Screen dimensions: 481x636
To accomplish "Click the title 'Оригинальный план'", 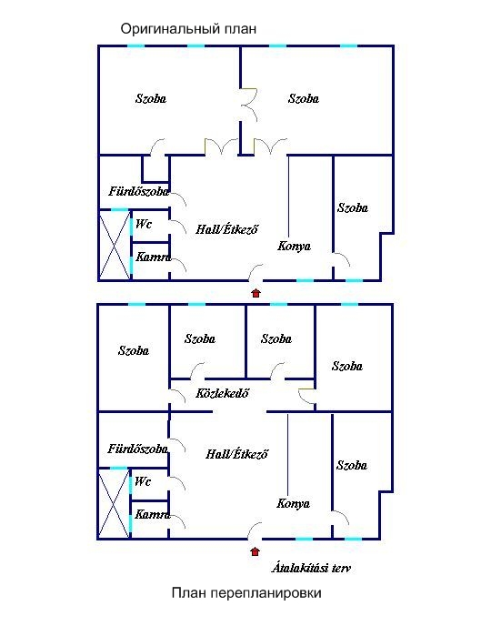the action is point(188,29).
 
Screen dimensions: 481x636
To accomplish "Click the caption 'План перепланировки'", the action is point(246,592).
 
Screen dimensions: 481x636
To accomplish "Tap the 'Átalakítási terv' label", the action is point(311,568).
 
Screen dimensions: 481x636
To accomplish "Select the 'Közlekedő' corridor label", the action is point(222,393).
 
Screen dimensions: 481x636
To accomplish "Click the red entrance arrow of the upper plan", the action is point(256,293).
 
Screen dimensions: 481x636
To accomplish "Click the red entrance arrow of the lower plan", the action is point(255,551).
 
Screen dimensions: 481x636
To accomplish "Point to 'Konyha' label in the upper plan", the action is point(294,246).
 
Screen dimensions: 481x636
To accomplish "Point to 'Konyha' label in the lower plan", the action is point(293,503).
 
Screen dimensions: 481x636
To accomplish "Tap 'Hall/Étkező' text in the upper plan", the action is point(226,229).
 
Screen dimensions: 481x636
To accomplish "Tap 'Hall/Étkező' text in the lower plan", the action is point(236,453).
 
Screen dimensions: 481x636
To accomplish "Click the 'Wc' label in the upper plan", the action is point(144,224).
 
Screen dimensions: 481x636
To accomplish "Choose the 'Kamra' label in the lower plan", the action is point(153,514).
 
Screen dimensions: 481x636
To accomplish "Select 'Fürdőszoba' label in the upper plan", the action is point(138,191).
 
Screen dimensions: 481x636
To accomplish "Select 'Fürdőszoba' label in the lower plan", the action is point(138,449).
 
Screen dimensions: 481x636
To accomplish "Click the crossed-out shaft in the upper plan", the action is point(115,245).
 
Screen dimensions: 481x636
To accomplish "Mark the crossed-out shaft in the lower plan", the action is point(115,503).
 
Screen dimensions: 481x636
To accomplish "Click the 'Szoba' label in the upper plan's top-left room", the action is point(151,98).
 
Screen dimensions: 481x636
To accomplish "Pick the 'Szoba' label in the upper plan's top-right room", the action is point(304,98).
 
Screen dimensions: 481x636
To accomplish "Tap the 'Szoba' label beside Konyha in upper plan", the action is point(353,207).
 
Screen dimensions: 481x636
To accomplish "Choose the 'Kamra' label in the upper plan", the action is point(153,257).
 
